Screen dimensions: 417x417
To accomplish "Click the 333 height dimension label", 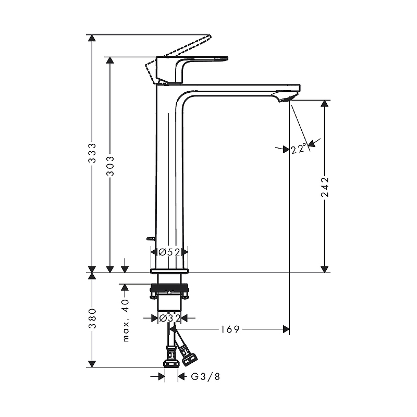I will coord(92,154).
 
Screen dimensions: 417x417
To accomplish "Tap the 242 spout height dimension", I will coord(325,187).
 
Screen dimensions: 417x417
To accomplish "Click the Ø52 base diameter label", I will coord(169,252).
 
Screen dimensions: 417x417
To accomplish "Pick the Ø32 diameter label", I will coord(169,317).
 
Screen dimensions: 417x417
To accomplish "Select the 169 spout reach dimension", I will coord(229,329).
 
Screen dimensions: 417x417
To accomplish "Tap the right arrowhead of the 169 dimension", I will coord(286,329).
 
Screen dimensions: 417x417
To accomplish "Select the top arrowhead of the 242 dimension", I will coord(325,103).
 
